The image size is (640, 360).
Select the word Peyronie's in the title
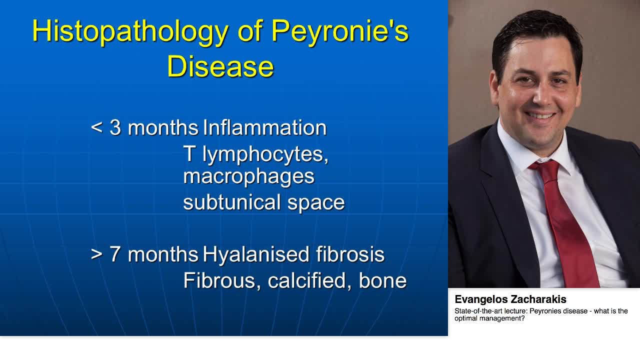click(340, 32)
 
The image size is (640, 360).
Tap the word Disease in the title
click(220, 66)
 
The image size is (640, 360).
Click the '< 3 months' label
click(144, 128)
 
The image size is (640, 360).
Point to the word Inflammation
click(264, 128)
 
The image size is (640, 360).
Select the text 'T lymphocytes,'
click(255, 154)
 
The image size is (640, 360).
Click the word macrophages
click(248, 176)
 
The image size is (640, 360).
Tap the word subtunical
click(232, 202)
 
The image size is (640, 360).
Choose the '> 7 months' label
click(144, 254)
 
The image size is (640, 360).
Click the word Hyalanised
click(255, 254)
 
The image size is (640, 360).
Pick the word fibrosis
click(350, 254)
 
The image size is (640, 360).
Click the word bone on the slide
click(382, 280)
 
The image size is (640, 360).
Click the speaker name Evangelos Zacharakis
click(510, 299)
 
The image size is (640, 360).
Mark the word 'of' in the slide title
click(250, 32)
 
